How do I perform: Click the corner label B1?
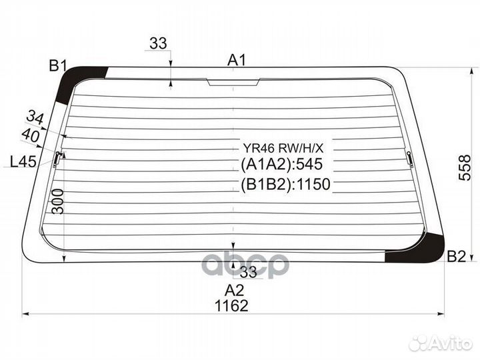pos(58,65)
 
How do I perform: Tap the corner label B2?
pos(456,257)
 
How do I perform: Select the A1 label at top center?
pos(236,60)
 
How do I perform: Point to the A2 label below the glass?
pos(235,289)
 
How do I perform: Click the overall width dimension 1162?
pos(231,305)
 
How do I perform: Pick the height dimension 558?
pos(465,167)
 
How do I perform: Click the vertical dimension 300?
pos(58,201)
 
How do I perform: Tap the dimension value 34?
pos(35,118)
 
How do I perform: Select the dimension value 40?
pos(31,135)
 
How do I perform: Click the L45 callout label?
pos(23,161)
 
